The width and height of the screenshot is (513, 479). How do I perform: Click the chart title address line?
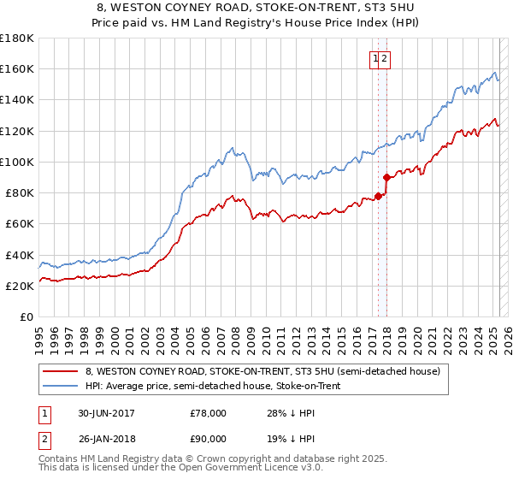[x=256, y=9]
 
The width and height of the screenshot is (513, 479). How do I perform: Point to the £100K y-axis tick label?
[x=17, y=162]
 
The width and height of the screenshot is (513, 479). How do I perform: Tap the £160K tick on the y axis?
[x=17, y=68]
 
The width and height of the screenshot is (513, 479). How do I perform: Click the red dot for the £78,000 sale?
[x=378, y=197]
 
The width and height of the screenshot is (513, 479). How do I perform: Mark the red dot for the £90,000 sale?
[x=386, y=178]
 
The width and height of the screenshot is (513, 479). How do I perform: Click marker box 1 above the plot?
[x=375, y=58]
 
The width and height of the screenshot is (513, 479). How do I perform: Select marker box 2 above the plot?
[x=385, y=58]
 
